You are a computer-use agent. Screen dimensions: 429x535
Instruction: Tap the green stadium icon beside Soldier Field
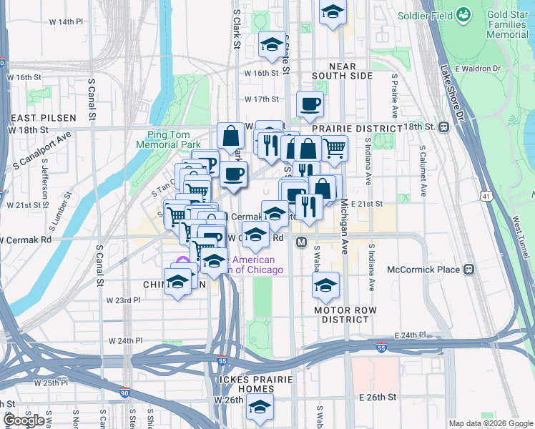point(463,14)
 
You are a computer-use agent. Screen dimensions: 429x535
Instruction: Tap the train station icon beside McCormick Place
point(469,270)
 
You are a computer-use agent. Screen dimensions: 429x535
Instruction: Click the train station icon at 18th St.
point(443,127)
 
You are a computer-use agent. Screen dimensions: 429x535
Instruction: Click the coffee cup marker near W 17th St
point(310,104)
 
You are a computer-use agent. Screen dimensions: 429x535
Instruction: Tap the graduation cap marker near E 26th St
point(260,408)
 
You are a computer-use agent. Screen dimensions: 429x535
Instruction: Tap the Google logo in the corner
point(24,420)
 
